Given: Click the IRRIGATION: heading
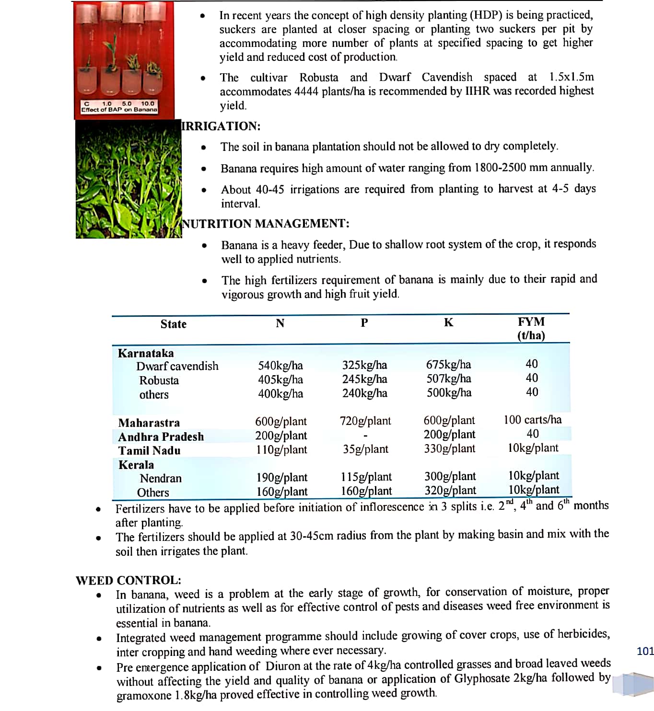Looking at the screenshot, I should [x=221, y=126].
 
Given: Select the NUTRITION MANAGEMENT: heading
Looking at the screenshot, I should [x=266, y=224].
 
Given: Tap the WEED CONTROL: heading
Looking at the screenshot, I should [x=128, y=580].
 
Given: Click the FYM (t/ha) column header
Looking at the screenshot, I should [x=531, y=328].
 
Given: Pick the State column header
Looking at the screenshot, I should [x=173, y=324].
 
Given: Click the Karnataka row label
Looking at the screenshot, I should [x=146, y=354].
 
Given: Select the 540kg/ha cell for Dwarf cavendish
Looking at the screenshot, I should [x=280, y=366].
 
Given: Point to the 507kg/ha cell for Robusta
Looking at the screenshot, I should [x=448, y=379].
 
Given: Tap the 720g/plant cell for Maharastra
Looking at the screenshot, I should [x=365, y=421].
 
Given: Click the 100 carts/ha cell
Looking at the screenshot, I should [x=532, y=420].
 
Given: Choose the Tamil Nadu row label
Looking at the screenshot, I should [x=149, y=451].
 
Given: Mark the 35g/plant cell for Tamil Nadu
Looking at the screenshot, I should [x=365, y=449].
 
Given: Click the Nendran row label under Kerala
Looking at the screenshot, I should [x=161, y=479].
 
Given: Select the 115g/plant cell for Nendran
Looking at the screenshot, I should [x=366, y=477].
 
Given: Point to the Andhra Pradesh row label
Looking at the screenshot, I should [x=161, y=437].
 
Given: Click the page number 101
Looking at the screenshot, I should [x=645, y=651].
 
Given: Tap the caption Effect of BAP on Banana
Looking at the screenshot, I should [x=119, y=110].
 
